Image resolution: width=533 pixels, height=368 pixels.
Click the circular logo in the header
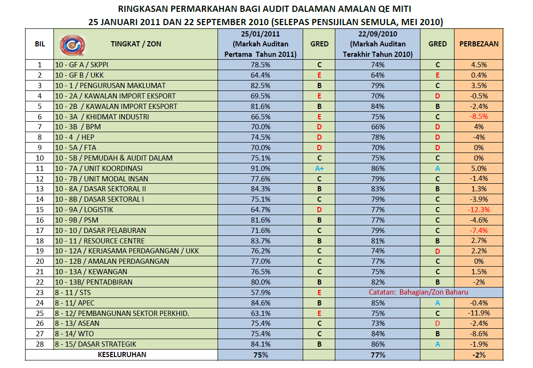[x=72, y=45]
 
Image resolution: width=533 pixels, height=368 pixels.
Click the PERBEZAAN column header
[x=479, y=44]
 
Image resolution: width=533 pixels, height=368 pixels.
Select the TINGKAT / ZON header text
[x=136, y=44]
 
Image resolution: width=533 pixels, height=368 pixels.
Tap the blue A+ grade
[x=319, y=169]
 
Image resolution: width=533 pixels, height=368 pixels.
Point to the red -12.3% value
[x=479, y=210]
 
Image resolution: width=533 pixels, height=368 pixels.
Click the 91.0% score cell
[x=261, y=169]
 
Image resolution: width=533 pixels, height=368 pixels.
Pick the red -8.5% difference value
[x=479, y=117]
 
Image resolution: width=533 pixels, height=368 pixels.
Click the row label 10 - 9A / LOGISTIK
[x=84, y=210]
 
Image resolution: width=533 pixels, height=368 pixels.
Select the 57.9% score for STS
[x=261, y=292]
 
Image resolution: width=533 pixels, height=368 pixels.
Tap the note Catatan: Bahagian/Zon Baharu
[x=418, y=292]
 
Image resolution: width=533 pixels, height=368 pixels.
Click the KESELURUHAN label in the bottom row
[x=122, y=355]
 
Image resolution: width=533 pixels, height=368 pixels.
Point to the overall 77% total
[x=378, y=355]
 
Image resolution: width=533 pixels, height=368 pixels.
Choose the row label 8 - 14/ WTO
[x=74, y=334]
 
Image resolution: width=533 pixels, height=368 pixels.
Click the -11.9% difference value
[x=479, y=313]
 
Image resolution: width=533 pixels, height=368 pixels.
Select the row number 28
[x=40, y=344]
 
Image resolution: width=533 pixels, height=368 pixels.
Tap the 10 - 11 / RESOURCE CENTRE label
[x=100, y=241]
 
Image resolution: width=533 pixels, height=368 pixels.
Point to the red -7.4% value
[x=479, y=231]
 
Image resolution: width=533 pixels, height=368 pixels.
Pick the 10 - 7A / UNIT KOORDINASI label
[x=98, y=169]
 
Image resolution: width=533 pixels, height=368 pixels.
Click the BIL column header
[x=40, y=44]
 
